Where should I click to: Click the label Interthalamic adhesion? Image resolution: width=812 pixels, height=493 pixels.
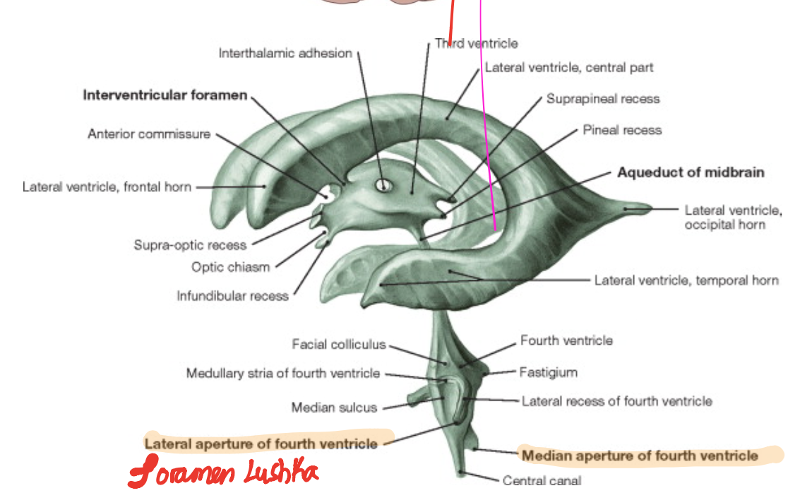coord(285,53)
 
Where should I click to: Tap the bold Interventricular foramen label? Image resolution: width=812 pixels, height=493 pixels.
coord(165,95)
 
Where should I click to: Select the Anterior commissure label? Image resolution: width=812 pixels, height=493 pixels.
coord(149,133)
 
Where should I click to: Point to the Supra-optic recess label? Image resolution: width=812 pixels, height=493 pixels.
coord(190,245)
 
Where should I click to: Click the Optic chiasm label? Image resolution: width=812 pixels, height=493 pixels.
coord(230,267)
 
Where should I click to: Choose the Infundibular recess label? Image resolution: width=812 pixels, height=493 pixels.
coord(232,296)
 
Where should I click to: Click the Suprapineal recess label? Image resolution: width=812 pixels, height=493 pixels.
coord(603,99)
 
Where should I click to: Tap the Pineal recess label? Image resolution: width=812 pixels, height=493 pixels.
coord(622,130)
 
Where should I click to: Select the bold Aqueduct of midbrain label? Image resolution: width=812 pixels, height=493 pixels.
coord(691,172)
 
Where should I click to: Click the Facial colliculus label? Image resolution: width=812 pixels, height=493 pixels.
coord(339,345)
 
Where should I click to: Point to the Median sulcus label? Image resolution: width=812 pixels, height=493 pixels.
coord(334,408)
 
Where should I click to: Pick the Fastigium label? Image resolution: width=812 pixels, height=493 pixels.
coord(548,372)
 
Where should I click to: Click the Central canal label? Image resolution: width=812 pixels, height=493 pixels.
coord(542,481)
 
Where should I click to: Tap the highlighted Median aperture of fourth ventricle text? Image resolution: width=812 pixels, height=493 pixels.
coord(639,456)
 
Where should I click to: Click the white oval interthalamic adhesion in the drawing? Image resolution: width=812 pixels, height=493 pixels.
coord(383,185)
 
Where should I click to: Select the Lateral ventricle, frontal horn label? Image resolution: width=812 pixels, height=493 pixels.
coord(107,187)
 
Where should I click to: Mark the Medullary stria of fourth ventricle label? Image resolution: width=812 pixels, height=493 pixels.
coord(282,373)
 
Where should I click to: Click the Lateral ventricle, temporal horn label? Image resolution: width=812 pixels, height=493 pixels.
coord(686,280)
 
